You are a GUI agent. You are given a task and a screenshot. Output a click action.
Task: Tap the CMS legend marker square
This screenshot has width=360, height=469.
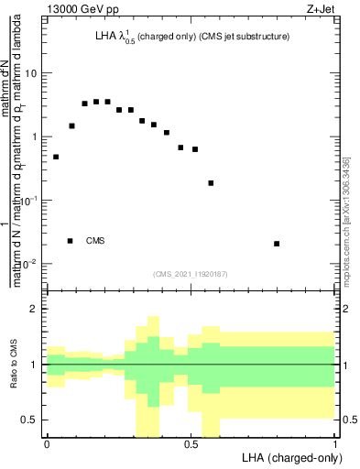[71, 241]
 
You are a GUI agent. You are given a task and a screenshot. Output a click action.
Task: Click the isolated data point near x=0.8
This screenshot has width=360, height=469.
[277, 244]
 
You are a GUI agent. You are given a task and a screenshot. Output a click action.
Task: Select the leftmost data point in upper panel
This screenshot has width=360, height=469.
[56, 157]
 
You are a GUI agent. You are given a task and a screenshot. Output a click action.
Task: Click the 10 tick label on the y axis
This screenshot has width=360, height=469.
[32, 73]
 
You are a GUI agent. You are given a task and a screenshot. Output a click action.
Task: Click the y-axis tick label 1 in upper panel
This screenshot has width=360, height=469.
[36, 137]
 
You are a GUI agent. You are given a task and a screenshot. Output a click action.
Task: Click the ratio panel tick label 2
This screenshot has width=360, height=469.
[36, 310]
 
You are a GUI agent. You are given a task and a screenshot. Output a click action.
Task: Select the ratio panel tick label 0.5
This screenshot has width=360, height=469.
[30, 420]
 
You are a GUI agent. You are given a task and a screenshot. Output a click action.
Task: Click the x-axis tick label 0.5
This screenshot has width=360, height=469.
[191, 443]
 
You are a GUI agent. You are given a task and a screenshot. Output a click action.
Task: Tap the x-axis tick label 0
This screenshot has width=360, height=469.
[47, 443]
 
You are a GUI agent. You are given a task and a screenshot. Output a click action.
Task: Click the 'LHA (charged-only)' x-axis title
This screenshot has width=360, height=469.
[289, 458]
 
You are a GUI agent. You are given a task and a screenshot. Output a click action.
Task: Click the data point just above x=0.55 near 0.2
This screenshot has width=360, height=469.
[211, 183]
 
